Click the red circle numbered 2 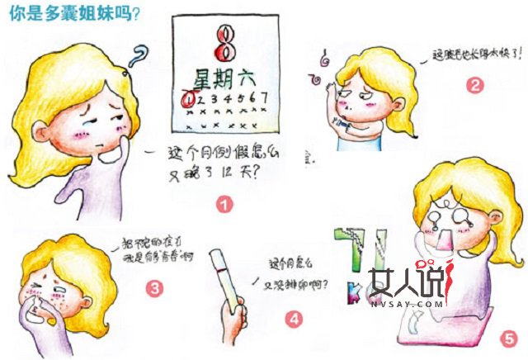[474, 84]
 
